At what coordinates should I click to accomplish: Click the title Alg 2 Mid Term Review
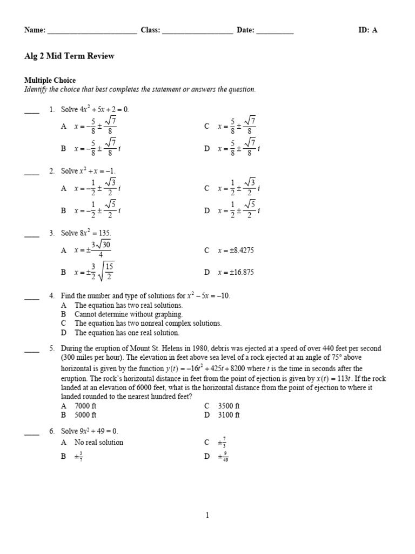click(x=69, y=56)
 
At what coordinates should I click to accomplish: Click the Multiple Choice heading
click(x=50, y=81)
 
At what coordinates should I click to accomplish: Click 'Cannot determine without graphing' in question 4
click(x=129, y=314)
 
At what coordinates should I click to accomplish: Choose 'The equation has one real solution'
click(x=126, y=333)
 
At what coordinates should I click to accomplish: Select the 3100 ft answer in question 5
click(x=229, y=415)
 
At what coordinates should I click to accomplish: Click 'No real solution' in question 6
click(x=99, y=443)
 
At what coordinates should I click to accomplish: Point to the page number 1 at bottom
click(x=207, y=516)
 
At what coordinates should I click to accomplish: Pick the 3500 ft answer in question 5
click(x=229, y=406)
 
